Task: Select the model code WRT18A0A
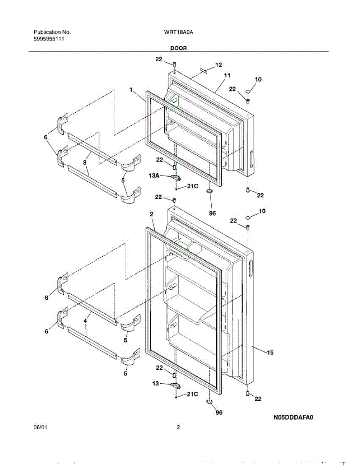(179, 32)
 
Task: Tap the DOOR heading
(178, 48)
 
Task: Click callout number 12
(219, 65)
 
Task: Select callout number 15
(270, 353)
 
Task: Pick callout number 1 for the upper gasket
(131, 90)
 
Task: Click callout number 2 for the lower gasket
(151, 214)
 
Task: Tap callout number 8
(85, 163)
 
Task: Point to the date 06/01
(41, 428)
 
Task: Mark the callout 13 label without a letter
(155, 383)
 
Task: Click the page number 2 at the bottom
(178, 428)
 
